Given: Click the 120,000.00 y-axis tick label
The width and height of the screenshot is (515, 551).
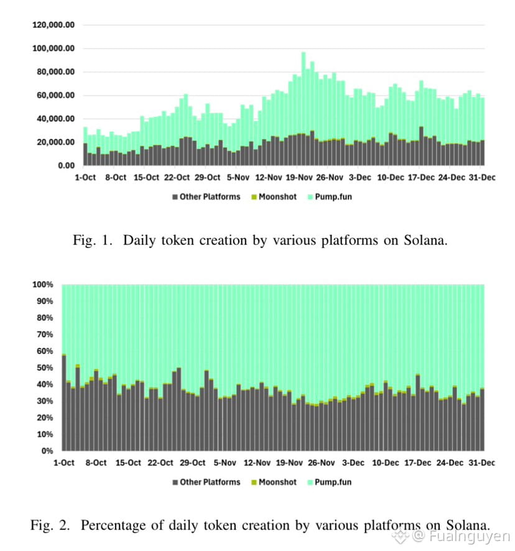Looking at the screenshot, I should click(x=53, y=25).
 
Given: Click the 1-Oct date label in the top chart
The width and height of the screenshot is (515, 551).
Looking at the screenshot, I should click(x=86, y=177).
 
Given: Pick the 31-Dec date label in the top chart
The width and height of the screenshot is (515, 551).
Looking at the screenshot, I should click(x=481, y=177).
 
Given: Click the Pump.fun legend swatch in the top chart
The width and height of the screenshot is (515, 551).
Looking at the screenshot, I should click(x=309, y=197).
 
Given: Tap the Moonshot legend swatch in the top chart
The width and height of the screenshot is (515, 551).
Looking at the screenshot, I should click(x=254, y=197).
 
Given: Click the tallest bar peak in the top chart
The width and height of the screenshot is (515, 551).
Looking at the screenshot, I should click(x=304, y=53).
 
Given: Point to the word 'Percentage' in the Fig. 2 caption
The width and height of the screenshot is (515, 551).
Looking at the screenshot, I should click(x=116, y=525).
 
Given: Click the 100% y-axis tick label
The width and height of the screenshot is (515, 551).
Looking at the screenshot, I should click(x=44, y=285).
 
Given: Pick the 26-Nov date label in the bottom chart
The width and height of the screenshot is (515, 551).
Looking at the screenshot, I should click(x=322, y=463).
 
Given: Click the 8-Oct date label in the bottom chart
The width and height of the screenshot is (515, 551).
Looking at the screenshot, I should click(x=96, y=463).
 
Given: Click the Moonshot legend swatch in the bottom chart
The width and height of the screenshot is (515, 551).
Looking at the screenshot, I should click(x=254, y=483).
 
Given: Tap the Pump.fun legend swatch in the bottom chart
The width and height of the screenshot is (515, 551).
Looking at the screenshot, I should click(x=309, y=483).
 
